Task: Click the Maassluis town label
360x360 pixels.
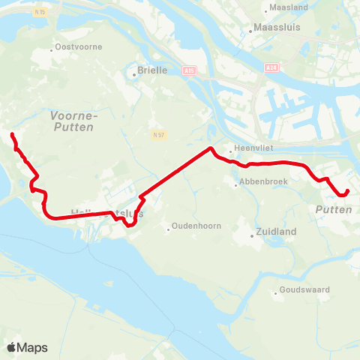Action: point(277,31)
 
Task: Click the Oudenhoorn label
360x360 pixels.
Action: point(194,227)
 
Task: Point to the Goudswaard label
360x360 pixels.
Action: point(304,289)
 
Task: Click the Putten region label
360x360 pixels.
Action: point(334,210)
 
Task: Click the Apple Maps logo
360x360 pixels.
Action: point(28,347)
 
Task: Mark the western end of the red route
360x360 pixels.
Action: point(11,134)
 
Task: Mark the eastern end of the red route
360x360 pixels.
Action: point(348,190)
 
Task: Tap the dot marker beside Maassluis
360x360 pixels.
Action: point(250,31)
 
